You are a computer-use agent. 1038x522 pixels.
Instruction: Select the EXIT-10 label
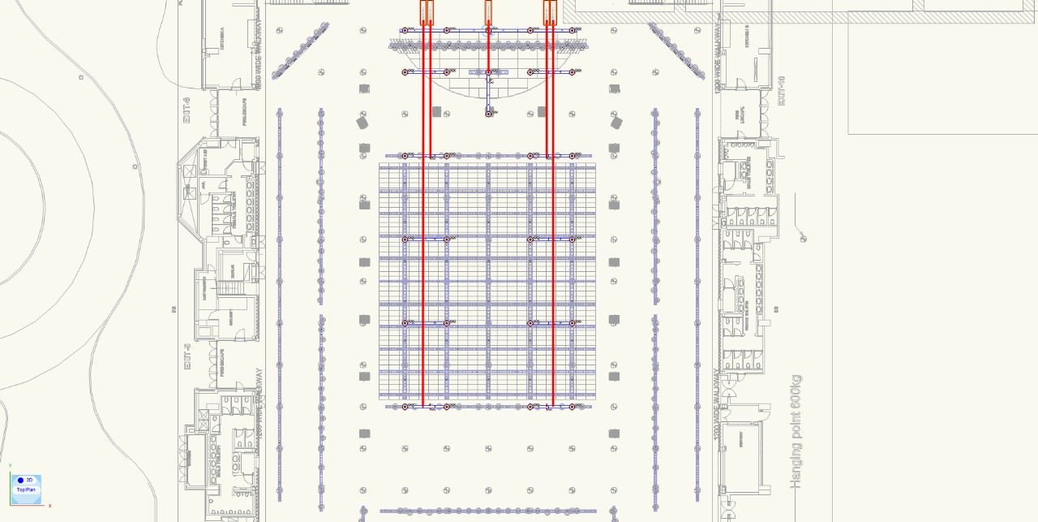[782, 90]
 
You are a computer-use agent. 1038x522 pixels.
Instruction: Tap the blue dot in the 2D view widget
[21, 481]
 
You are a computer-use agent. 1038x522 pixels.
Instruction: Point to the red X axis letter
[50, 506]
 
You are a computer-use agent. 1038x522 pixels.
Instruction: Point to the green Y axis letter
[11, 466]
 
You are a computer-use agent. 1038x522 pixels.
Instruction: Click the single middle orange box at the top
[488, 11]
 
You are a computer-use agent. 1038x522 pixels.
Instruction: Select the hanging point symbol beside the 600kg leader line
[804, 238]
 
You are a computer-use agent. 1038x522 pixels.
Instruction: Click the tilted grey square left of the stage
[362, 123]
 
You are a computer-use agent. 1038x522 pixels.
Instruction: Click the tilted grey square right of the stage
[616, 123]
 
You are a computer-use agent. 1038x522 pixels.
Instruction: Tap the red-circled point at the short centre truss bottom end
[489, 114]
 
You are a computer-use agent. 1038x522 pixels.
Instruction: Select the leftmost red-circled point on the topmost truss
[405, 30]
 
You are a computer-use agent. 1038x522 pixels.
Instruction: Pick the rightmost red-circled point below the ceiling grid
[572, 407]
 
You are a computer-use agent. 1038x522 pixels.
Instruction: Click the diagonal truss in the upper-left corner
[301, 50]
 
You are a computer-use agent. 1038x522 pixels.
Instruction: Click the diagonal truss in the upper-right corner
[676, 50]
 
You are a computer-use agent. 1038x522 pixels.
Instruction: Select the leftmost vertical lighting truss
[279, 308]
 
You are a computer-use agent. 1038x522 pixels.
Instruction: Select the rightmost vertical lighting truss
[697, 308]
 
